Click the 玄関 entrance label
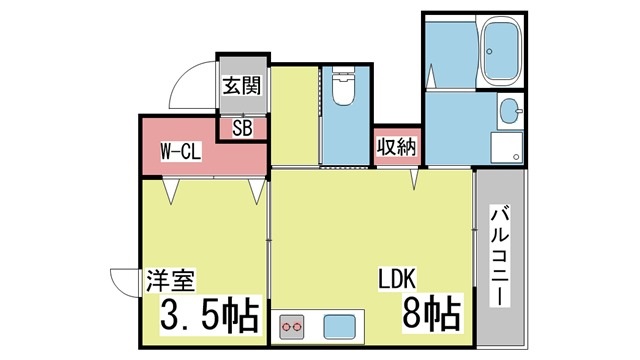[x=242, y=86]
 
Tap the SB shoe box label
[x=242, y=129]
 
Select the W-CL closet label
[x=180, y=152]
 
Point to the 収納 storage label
[x=396, y=147]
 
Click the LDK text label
[x=397, y=279]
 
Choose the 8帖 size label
[x=432, y=313]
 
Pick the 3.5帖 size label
[x=210, y=315]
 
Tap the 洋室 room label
[x=171, y=280]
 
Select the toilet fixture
[x=343, y=86]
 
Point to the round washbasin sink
[x=510, y=111]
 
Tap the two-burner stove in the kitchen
[x=292, y=327]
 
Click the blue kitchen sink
[x=339, y=327]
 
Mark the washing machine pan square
[x=507, y=147]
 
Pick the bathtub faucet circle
[x=489, y=52]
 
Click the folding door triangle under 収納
[x=414, y=179]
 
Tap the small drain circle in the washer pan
[x=516, y=157]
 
